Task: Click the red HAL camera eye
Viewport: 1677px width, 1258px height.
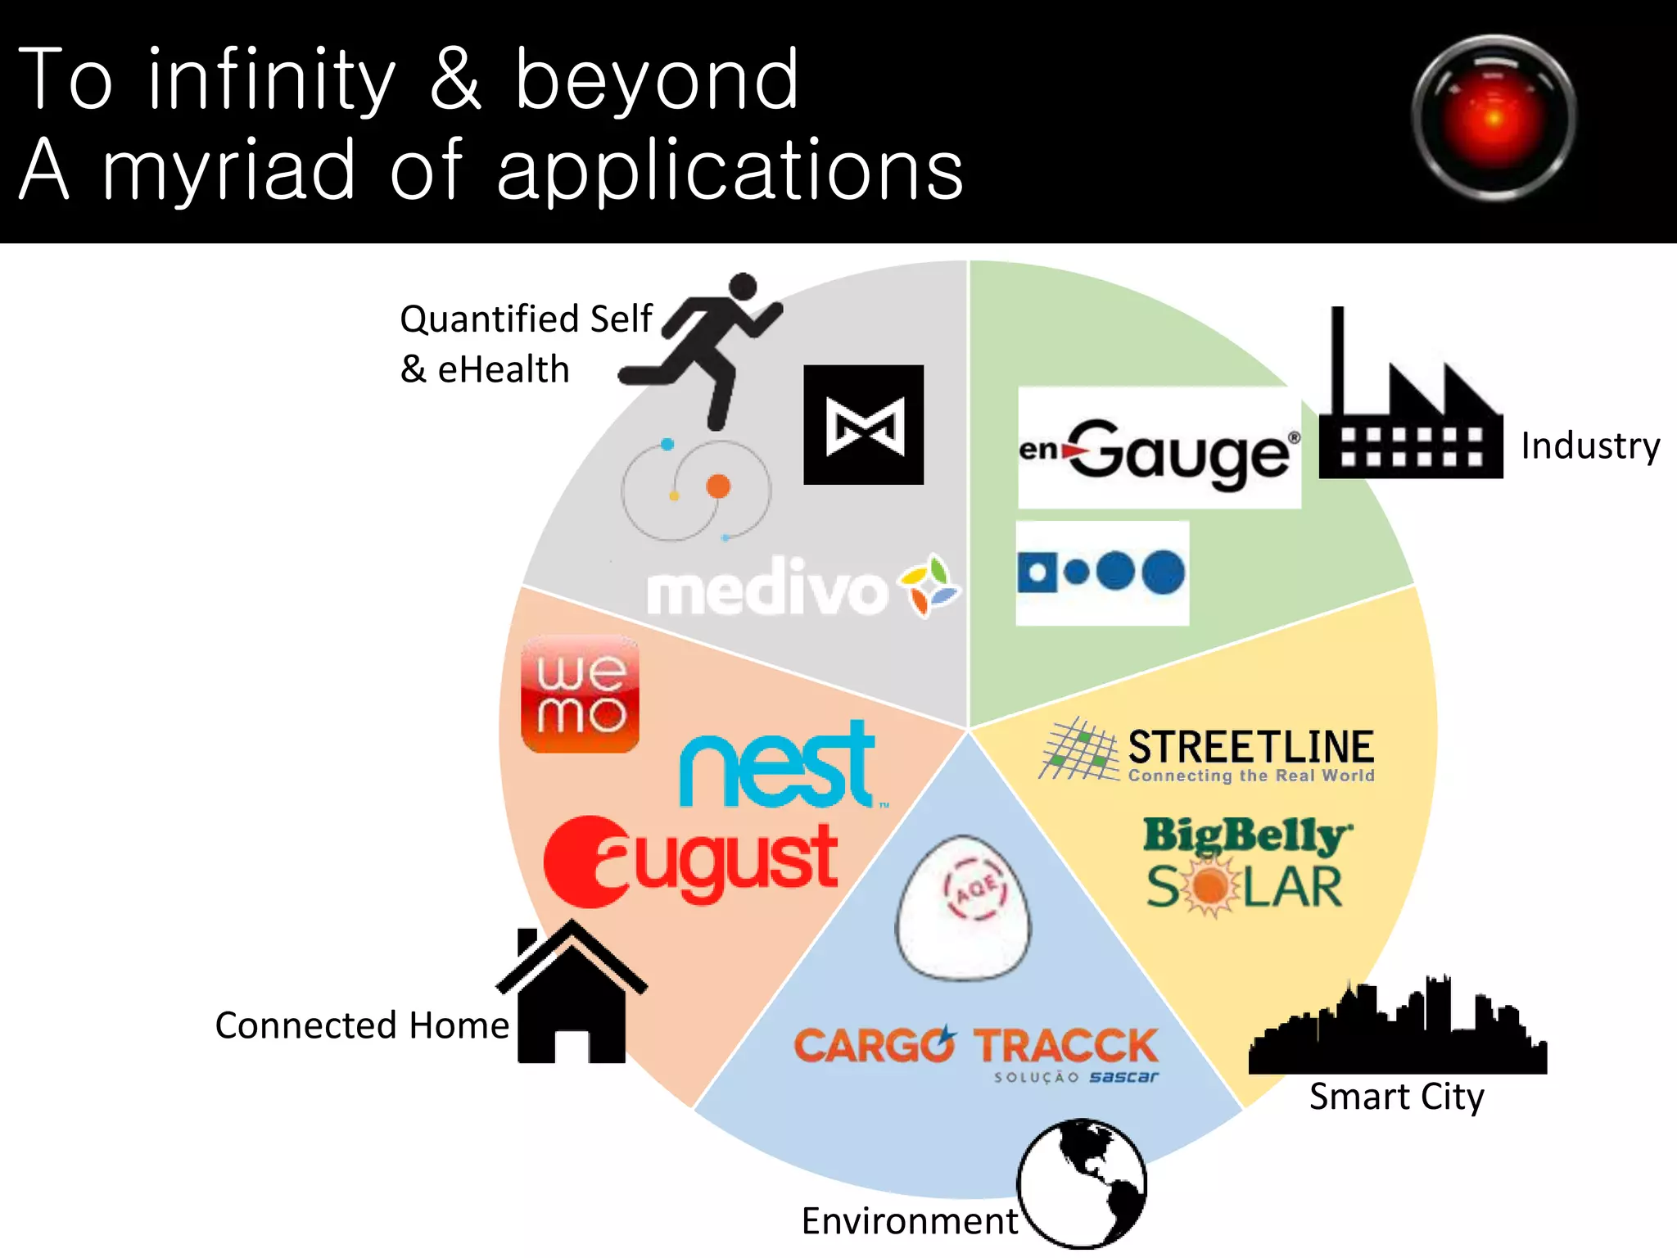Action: [x=1494, y=118]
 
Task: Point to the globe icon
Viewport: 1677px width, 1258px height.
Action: [x=1082, y=1183]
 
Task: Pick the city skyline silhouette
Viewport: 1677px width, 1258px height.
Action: [x=1397, y=1031]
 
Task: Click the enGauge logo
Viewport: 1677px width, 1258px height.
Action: [x=1159, y=449]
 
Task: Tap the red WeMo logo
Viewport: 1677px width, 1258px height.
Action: [x=580, y=695]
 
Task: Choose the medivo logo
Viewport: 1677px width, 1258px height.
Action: [x=802, y=588]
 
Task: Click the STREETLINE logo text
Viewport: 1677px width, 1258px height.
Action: [x=1250, y=747]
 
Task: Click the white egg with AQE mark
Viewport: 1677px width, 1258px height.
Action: [x=964, y=907]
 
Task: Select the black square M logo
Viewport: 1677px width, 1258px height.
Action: [x=864, y=424]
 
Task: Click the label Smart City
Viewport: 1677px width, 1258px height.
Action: [x=1396, y=1097]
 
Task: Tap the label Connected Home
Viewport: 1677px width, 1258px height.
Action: [x=362, y=1025]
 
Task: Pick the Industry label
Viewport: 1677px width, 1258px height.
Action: [x=1590, y=446]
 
